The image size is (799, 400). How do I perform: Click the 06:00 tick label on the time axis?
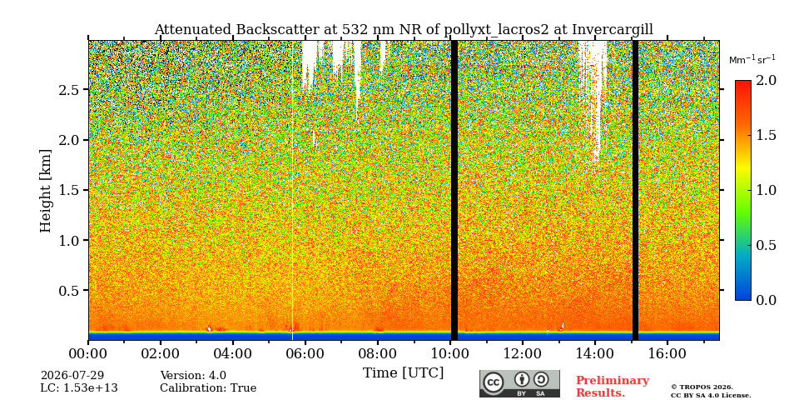pos(305,353)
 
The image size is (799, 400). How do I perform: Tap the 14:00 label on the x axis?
pos(594,353)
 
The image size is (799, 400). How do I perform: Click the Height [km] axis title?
pos(46,191)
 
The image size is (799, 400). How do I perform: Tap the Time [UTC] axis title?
pos(403,373)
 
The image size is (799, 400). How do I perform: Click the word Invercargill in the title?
pos(613,30)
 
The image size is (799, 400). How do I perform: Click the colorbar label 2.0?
pos(766,81)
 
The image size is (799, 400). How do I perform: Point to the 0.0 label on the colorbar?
pos(766,300)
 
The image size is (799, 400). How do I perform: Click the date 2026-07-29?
pos(72,376)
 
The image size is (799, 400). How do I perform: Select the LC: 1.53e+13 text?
pos(79,388)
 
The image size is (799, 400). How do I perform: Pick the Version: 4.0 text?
pos(193,376)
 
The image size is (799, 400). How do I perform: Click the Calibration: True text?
pos(208,388)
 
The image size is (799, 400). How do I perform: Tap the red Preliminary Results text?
pos(613,387)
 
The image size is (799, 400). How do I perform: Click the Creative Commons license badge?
pos(519,383)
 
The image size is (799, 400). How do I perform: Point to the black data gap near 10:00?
pos(454,190)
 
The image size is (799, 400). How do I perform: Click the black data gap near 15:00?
pos(635,190)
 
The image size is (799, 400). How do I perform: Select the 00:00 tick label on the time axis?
pos(89,353)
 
